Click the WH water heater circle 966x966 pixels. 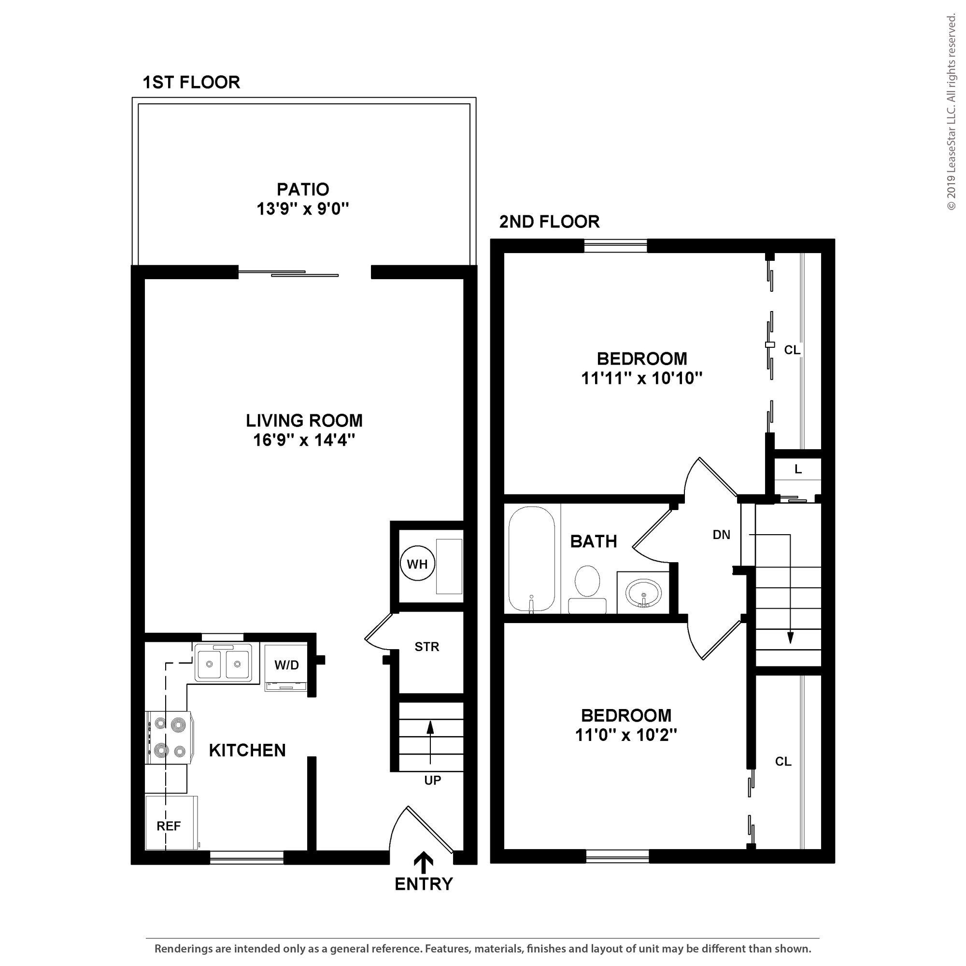(x=417, y=564)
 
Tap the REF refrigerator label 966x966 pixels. (x=169, y=826)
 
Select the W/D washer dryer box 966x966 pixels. (x=286, y=666)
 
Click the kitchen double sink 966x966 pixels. (x=224, y=664)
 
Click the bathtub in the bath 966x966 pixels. (x=531, y=559)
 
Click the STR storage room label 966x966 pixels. (x=426, y=647)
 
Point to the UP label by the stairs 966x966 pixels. (x=432, y=781)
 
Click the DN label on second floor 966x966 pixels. (x=721, y=535)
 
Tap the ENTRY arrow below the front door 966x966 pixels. (x=425, y=861)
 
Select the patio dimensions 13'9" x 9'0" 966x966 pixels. (x=302, y=209)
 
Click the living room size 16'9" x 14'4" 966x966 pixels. (x=304, y=440)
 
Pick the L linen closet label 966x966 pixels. (x=798, y=469)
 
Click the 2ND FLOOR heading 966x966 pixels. (x=549, y=222)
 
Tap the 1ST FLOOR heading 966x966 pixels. (x=191, y=82)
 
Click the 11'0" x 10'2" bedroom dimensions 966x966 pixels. (x=626, y=736)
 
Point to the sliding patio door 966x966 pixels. (x=288, y=273)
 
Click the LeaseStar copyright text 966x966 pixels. (x=951, y=113)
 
